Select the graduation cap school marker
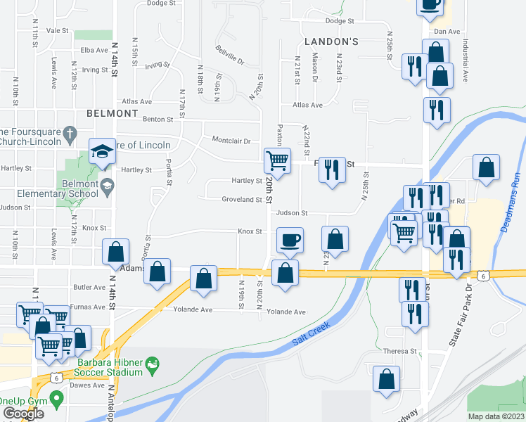click(101, 151)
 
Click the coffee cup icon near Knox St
click(290, 241)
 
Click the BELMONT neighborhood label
click(112, 113)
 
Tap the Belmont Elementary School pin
click(107, 186)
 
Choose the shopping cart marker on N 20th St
click(277, 160)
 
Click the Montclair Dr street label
click(231, 140)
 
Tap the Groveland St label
click(242, 200)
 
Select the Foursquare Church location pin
click(70, 132)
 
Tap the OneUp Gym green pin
click(56, 397)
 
